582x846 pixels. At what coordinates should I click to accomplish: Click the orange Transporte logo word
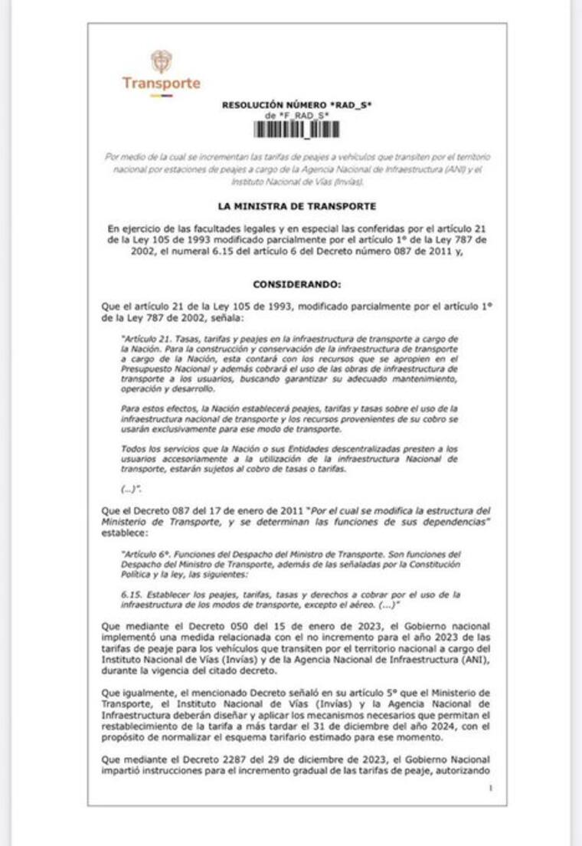[161, 83]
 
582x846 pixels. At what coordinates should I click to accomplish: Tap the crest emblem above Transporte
[161, 61]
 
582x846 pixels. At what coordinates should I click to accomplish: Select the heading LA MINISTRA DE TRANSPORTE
[296, 205]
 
